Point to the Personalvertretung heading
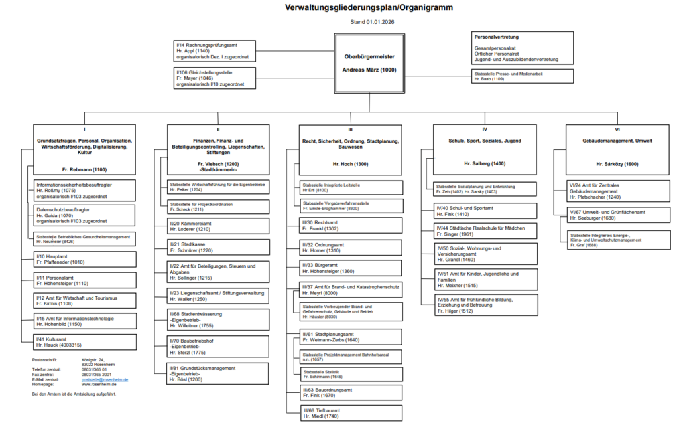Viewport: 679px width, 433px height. coord(497,37)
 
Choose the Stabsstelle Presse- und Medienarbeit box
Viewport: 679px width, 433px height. coord(523,76)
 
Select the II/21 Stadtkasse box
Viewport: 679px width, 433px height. coord(218,248)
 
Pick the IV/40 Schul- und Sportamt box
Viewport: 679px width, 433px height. coord(485,211)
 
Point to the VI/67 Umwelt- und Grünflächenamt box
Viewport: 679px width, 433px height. coord(618,215)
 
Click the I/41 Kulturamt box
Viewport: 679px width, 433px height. coord(85,342)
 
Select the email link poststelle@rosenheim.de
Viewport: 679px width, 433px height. coord(105,379)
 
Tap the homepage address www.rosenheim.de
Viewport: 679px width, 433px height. coord(99,384)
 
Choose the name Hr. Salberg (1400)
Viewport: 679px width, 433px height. coord(485,163)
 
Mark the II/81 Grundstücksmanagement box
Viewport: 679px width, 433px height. coord(218,374)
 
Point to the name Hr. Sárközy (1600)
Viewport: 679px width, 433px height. coord(617,163)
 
